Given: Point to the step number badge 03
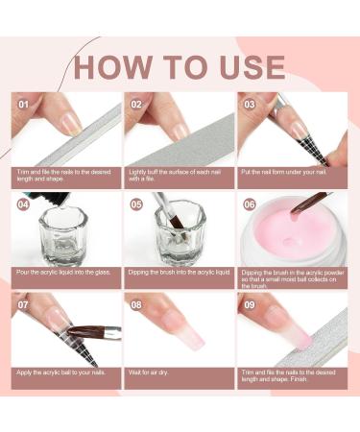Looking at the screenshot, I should click(x=251, y=102).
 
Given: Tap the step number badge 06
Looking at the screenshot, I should click(x=251, y=204).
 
